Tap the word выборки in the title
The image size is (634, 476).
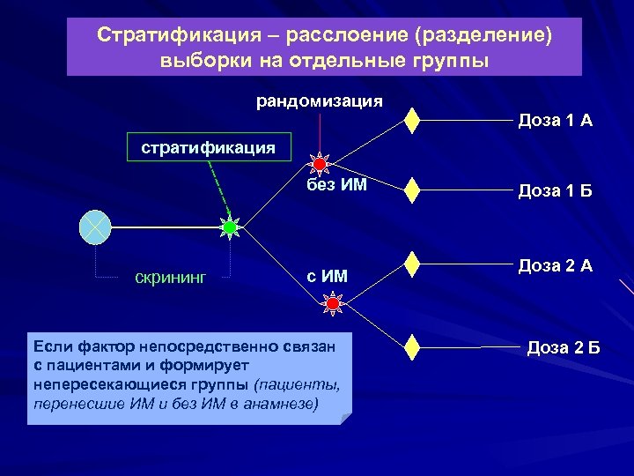pos(198,61)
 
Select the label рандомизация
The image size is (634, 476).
pos(319,100)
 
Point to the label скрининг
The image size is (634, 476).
pos(170,278)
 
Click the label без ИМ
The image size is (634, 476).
pos(336,186)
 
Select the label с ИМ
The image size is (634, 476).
pos(327,277)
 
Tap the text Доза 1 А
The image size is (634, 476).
pos(556,120)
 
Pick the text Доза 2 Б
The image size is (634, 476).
pos(563,346)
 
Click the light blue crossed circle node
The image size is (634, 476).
pos(94,227)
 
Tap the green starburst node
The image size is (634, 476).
pos(230,227)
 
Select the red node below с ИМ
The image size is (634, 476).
pos(333,305)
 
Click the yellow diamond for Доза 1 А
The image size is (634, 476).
pos(411,121)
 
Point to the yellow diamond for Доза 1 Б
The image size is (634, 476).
pos(411,190)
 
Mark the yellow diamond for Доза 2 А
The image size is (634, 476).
pos(411,265)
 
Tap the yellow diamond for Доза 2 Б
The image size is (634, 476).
pos(411,346)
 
